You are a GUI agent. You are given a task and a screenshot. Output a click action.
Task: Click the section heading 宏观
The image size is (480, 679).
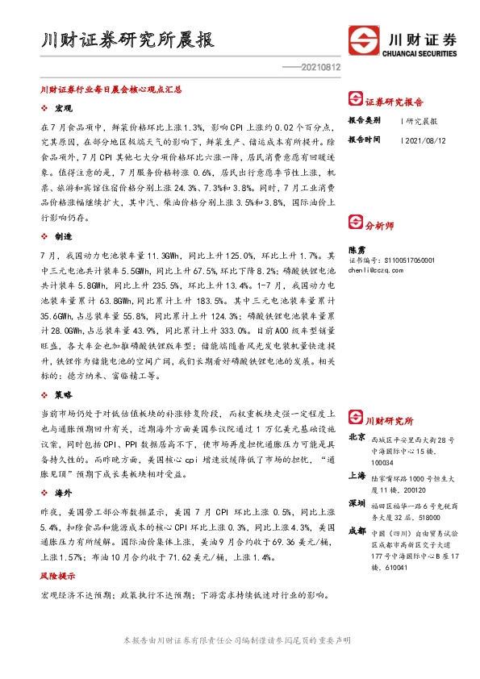pos(64,108)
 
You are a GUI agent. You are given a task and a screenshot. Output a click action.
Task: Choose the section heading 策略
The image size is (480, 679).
pos(64,395)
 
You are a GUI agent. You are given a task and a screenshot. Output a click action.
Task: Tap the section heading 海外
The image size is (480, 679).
pos(64,491)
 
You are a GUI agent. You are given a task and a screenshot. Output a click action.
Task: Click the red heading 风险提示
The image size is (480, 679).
pos(57,577)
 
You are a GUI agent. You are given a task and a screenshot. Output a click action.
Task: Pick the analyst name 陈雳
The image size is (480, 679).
pos(356,251)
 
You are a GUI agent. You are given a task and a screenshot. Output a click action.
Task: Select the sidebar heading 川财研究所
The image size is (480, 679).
pos(389,420)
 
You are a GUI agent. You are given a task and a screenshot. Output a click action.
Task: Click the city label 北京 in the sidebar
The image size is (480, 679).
pos(356,437)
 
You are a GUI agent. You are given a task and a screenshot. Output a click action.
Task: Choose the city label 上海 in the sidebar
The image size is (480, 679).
pos(356,476)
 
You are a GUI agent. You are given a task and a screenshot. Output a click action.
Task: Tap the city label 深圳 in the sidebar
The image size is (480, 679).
pos(356,502)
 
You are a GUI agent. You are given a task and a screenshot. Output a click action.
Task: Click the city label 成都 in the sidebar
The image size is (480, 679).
pos(356,530)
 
